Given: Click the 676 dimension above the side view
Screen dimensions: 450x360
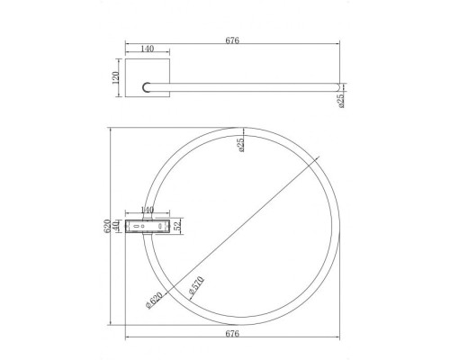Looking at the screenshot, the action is click(232, 40).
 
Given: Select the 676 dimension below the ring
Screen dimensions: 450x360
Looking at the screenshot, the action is click(232, 333).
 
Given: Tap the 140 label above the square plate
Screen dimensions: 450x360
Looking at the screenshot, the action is click(147, 49).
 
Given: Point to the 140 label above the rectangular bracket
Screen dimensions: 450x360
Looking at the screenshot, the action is click(147, 210).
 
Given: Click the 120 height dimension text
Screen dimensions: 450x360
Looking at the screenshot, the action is click(116, 77).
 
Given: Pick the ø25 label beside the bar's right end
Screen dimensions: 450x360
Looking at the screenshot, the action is click(341, 101).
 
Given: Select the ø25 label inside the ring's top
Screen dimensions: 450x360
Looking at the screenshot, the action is click(242, 145).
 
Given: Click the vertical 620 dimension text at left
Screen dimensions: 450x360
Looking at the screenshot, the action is click(107, 227).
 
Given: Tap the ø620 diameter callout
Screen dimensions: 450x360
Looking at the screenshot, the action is click(154, 300).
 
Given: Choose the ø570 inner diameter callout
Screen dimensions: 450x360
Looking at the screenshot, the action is click(196, 285).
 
